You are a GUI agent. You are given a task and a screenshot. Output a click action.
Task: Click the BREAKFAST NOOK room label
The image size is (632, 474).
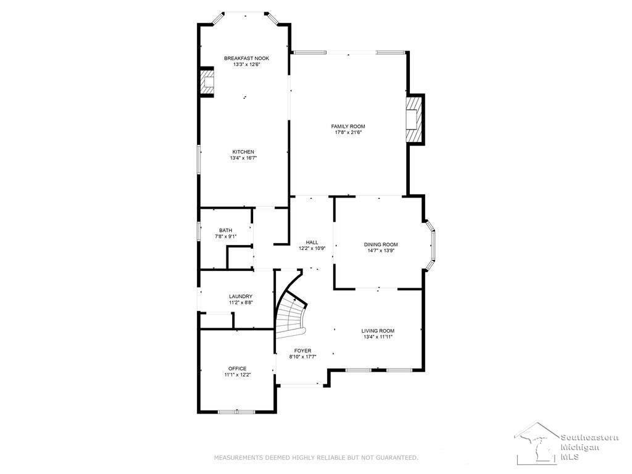pos(247,59)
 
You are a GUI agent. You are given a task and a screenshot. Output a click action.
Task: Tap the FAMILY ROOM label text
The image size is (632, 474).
pos(348,127)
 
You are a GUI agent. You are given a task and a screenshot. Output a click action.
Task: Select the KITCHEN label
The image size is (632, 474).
pos(243,152)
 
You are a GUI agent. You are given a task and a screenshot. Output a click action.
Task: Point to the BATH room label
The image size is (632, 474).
pos(226,231)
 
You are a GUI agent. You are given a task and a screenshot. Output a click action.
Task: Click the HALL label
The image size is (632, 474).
pos(312,243)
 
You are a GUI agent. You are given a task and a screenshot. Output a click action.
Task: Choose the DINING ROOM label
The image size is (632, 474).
pos(381,244)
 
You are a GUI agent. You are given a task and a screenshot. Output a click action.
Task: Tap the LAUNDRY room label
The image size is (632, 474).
pos(241,297)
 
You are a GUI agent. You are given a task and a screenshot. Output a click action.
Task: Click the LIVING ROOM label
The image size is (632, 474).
pos(378,331)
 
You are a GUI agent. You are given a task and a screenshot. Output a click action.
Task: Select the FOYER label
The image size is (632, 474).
pos(302,351)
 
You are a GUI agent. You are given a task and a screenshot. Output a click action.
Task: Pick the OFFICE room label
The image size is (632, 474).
pos(238,369)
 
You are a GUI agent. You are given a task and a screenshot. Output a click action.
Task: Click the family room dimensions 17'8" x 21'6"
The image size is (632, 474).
pos(348,132)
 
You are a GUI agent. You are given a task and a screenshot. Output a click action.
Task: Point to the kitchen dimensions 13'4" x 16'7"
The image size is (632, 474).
pos(243,158)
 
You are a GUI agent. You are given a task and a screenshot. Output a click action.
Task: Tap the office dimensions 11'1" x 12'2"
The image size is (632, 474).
pos(238,375)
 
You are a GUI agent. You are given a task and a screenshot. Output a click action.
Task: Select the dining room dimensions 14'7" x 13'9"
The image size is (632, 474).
pos(381,251)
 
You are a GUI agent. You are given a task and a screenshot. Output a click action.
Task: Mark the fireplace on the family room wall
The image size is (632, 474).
pos(415,120)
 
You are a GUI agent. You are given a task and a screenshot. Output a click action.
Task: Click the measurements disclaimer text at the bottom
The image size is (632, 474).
pos(316,458)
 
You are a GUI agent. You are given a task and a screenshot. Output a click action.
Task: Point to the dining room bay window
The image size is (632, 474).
pos(430,244)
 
